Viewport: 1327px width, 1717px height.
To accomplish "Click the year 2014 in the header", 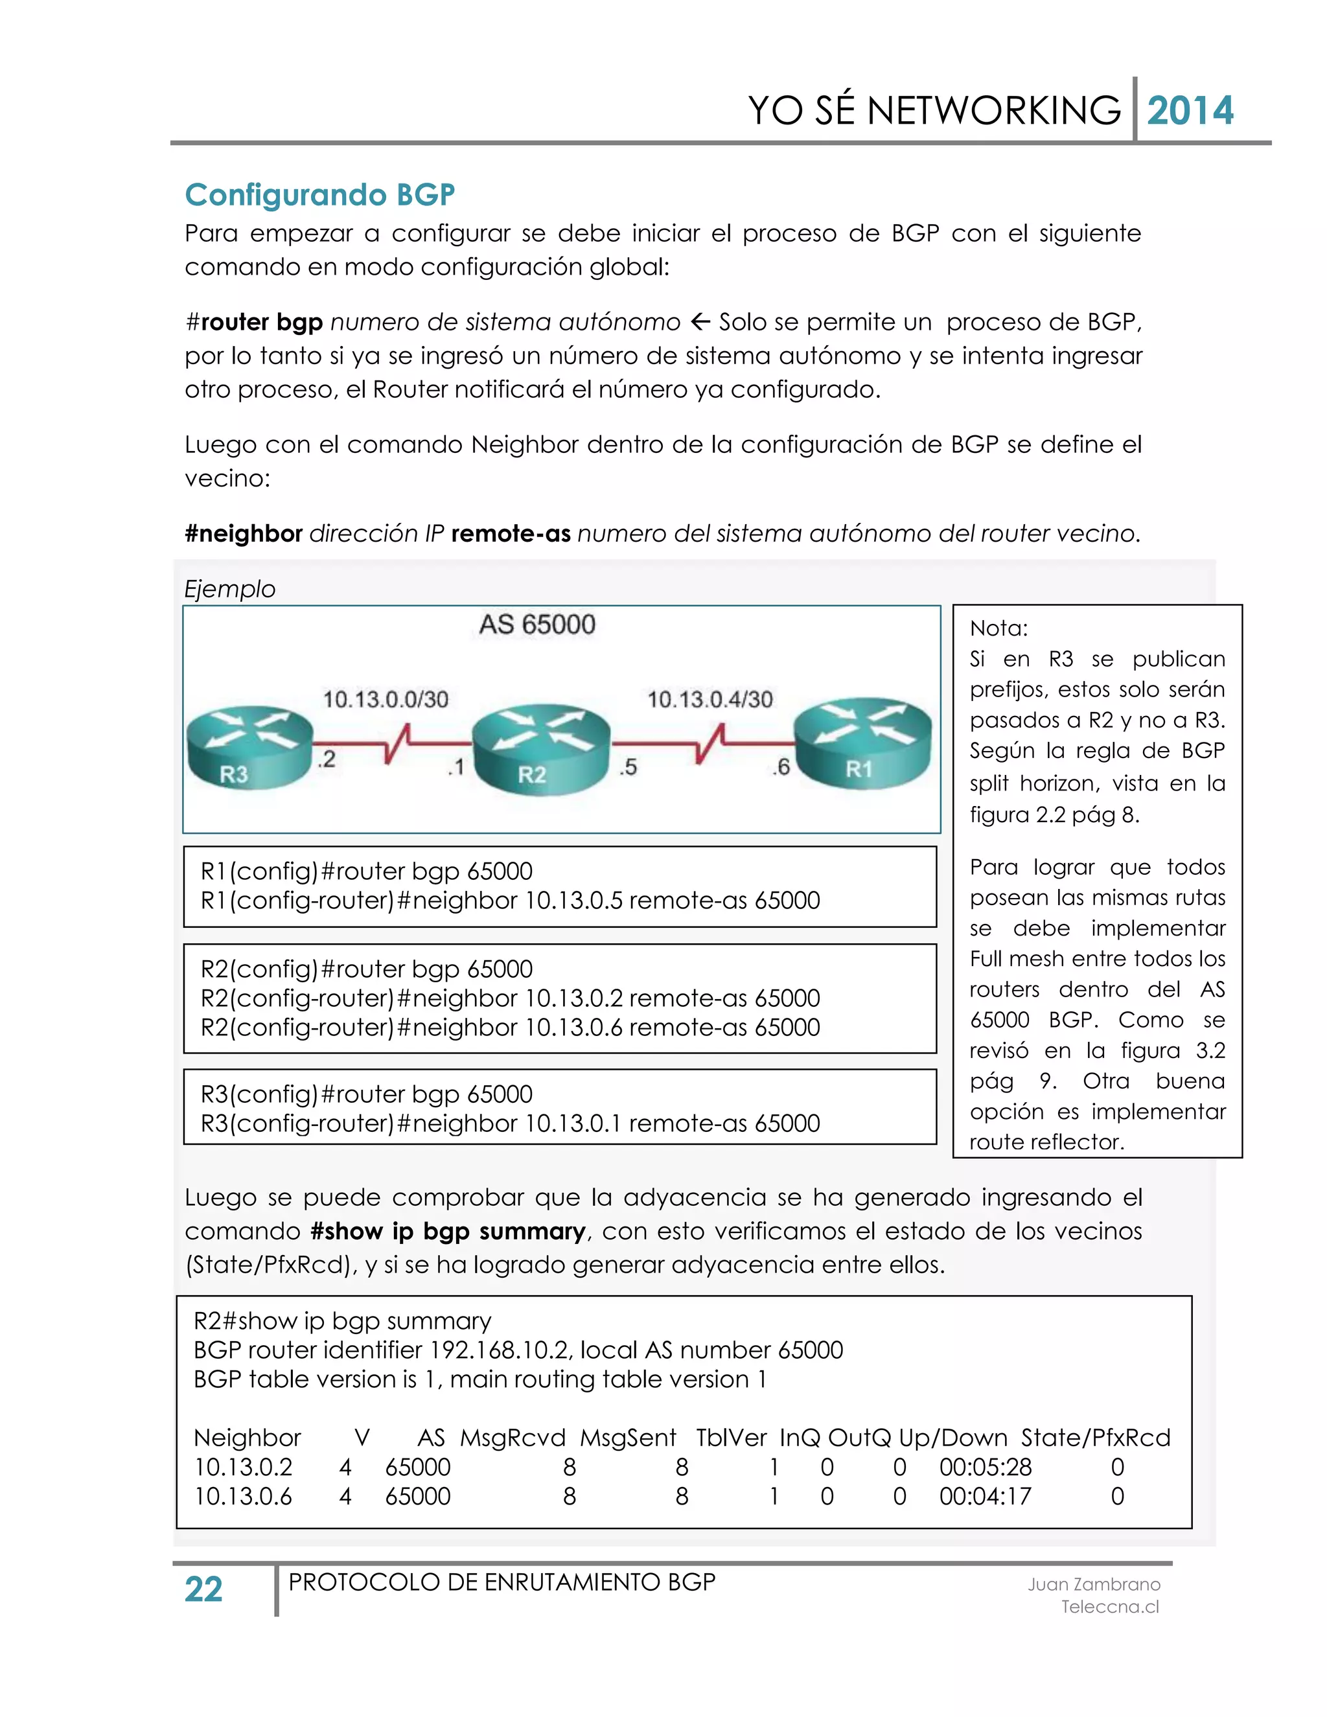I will (x=1190, y=111).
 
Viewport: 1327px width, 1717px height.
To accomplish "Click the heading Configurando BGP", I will (x=319, y=195).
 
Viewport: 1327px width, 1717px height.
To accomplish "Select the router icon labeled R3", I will (x=249, y=745).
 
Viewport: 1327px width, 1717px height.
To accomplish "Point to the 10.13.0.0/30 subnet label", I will (x=386, y=699).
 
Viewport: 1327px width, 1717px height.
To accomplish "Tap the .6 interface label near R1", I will (x=780, y=766).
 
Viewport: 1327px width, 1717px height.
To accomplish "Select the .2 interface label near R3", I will (x=327, y=759).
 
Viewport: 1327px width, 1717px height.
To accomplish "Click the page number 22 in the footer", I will (x=203, y=1589).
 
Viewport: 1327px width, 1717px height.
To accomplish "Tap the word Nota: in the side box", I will (x=998, y=628).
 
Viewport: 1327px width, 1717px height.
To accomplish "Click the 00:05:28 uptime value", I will (x=985, y=1467).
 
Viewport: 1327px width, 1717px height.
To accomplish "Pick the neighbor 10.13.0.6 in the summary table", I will (x=243, y=1496).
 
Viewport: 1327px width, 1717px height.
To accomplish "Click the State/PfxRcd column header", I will (x=1095, y=1438).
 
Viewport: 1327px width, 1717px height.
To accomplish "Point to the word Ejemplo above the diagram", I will (x=229, y=589).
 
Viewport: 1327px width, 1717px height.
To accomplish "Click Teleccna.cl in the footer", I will (x=1109, y=1607).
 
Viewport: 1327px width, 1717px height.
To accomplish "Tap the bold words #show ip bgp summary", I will (x=447, y=1231).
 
